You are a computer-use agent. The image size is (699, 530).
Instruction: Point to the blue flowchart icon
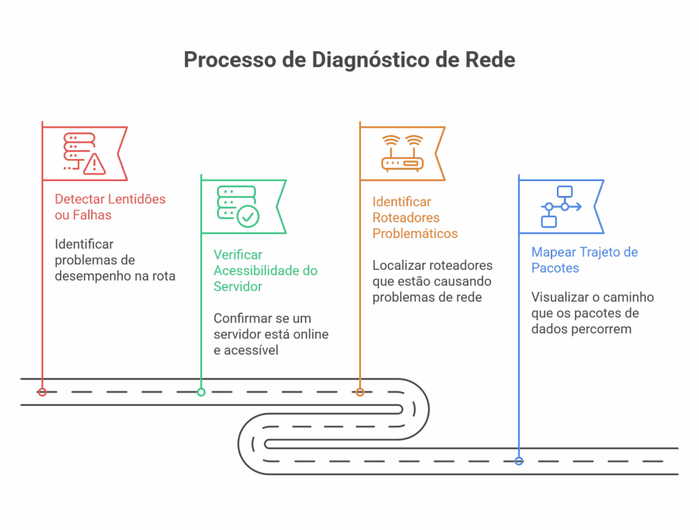coord(560,206)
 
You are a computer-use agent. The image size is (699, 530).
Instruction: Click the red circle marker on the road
coord(42,392)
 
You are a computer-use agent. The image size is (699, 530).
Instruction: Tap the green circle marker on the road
coord(201,392)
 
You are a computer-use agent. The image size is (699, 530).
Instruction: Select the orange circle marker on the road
coord(360,392)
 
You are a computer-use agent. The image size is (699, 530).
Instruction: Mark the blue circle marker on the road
coord(519,461)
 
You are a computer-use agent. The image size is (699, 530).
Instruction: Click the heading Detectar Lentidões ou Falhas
coord(110,207)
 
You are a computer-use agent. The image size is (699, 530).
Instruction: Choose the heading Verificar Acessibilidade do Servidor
coord(265,270)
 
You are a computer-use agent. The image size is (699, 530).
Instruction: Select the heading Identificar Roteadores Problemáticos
coord(414,217)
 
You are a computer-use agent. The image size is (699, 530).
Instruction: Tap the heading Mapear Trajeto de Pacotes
coord(584,260)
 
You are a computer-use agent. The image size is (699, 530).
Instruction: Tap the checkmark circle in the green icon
coord(248,217)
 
